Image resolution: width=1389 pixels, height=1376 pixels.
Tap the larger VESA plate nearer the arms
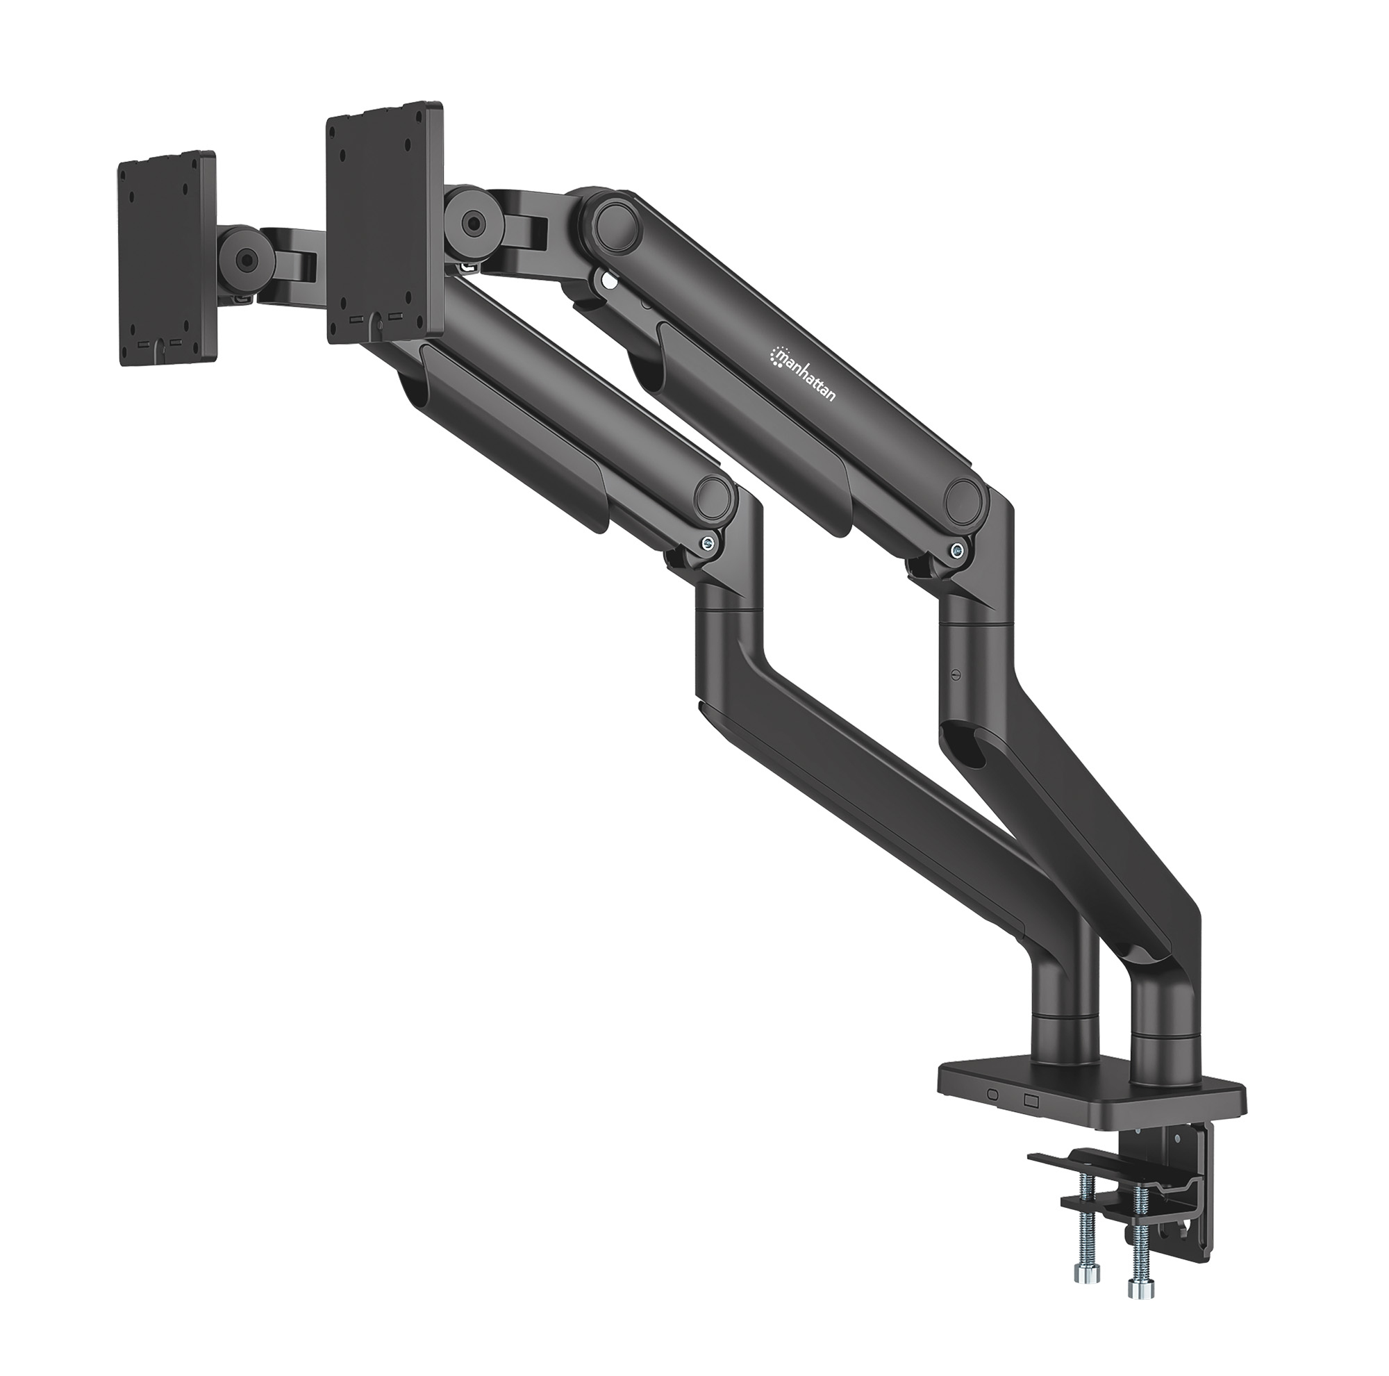coord(385,224)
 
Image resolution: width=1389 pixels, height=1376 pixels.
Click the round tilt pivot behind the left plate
coord(247,260)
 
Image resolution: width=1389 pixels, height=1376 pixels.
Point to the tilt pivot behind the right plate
coord(472,222)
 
